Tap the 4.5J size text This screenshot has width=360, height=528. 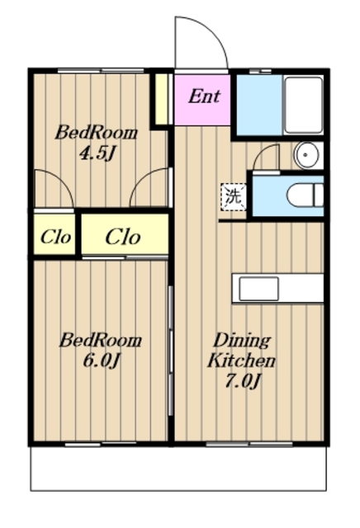[x=97, y=153]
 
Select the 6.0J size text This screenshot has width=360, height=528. [x=101, y=361]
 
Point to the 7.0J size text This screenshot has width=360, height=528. [x=243, y=381]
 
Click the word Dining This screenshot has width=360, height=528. [x=242, y=341]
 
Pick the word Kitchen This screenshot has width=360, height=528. [x=241, y=361]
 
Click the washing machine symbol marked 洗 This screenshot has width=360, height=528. [x=234, y=197]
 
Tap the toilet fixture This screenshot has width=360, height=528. [x=306, y=195]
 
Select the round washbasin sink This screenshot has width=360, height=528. [x=306, y=155]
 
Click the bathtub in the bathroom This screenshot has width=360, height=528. [x=303, y=105]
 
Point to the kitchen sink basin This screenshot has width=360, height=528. [x=258, y=289]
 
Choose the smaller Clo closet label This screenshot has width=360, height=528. [x=55, y=237]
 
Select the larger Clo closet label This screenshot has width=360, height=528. [x=123, y=237]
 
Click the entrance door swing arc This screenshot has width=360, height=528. [x=211, y=30]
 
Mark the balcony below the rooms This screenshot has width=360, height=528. [x=178, y=469]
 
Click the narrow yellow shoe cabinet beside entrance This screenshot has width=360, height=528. [x=162, y=99]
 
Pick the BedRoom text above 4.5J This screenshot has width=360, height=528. [x=97, y=133]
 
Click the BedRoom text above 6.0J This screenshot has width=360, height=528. [x=101, y=340]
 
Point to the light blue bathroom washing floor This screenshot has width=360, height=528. [x=259, y=105]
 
